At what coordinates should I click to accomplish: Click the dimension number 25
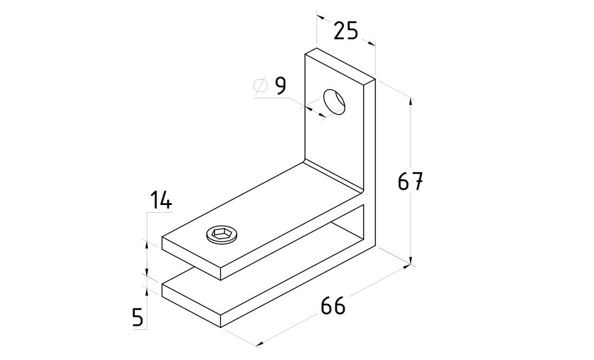[346, 31]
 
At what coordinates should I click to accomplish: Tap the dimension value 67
[410, 181]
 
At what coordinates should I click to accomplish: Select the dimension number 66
[333, 305]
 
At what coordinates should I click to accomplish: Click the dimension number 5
[138, 317]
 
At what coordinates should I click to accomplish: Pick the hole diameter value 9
[280, 86]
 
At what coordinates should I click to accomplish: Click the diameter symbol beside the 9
[261, 86]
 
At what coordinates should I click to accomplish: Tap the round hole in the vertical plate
[334, 102]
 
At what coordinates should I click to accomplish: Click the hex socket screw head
[222, 235]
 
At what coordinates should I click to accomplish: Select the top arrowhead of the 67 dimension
[410, 102]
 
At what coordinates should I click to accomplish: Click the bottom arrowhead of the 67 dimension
[410, 261]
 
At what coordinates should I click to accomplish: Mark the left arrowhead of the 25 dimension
[321, 17]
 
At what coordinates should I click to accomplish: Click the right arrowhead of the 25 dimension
[371, 43]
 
